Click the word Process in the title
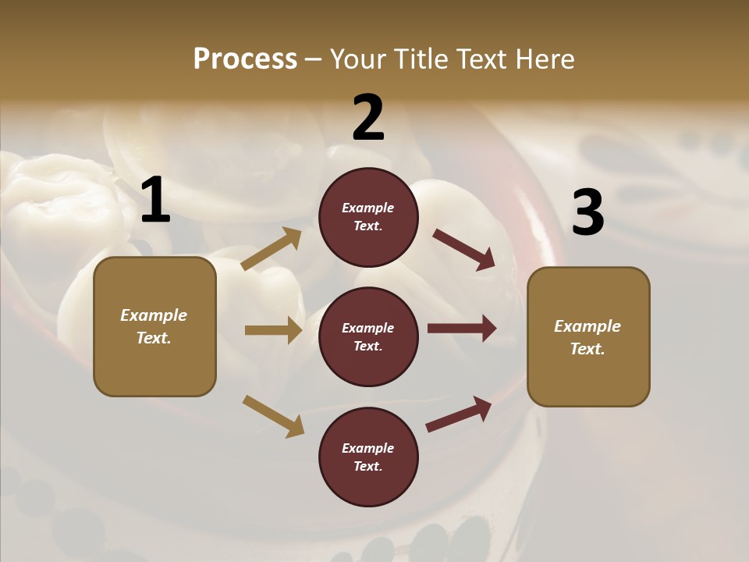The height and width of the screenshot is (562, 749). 245,59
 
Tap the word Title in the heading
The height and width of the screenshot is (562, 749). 421,59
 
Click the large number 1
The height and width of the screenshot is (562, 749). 155,201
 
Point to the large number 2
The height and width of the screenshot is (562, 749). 368,118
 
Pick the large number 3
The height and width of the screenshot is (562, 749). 587,213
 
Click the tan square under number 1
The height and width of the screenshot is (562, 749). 154,326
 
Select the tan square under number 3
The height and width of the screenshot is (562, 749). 588,336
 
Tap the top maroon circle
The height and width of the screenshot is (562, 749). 368,217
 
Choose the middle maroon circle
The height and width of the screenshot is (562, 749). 368,336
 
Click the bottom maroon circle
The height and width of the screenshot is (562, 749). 368,457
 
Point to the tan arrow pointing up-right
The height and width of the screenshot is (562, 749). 272,249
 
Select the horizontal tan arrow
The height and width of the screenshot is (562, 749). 273,330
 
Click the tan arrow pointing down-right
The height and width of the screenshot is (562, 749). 273,416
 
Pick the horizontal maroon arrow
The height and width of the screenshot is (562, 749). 462,329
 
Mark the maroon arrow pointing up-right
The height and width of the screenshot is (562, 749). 460,414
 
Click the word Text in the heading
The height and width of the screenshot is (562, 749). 483,59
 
